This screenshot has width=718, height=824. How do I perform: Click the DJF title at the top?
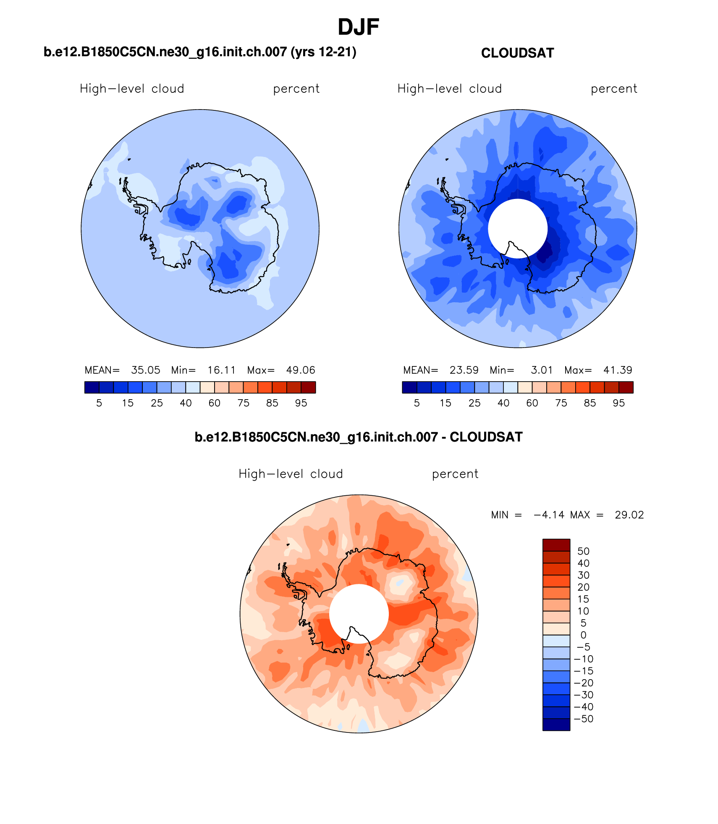pos(358,27)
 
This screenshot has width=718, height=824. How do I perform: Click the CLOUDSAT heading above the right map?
pos(517,53)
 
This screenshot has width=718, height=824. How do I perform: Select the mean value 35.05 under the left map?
pos(145,370)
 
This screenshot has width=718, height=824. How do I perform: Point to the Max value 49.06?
pos(300,370)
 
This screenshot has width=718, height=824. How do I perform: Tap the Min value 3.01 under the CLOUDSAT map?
pos(542,370)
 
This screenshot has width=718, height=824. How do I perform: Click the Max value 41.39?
pos(618,370)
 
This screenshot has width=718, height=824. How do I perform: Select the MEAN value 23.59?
pos(464,370)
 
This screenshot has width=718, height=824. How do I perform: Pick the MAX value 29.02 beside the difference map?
pos(629,515)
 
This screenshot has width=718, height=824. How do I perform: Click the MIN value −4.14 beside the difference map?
pos(549,515)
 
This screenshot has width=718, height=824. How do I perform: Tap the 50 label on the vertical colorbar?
pos(583,552)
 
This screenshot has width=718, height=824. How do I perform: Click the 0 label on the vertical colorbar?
pos(583,635)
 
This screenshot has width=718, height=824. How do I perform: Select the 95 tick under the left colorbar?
pos(301,403)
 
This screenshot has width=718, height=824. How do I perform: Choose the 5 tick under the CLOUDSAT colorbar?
pos(417,403)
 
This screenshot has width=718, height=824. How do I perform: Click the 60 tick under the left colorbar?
pos(215,403)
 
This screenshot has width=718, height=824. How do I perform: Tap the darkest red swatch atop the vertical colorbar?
pos(556,545)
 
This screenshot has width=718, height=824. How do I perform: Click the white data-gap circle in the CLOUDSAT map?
pos(517,227)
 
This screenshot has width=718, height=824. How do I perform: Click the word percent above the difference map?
pos(455,474)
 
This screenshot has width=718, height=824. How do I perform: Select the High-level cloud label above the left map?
pos(132,89)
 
